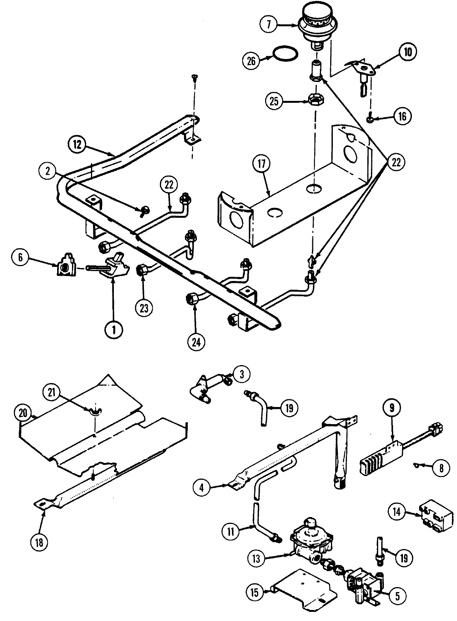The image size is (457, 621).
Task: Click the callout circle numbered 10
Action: click(408, 52)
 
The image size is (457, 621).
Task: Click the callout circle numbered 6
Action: click(21, 258)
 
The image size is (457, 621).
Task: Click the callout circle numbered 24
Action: click(197, 341)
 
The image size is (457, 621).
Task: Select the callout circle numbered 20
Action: click(23, 412)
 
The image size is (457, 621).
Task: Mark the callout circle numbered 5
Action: click(397, 596)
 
